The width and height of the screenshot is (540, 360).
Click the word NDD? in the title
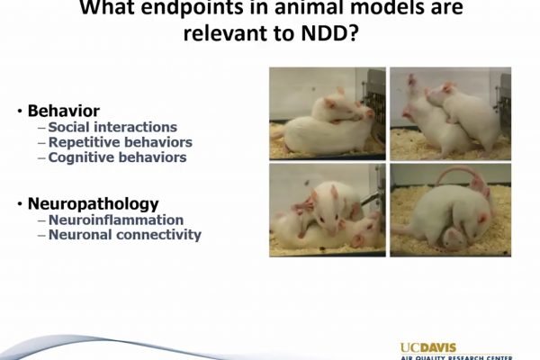(x=330, y=33)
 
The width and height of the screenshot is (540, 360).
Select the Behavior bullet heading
(x=64, y=111)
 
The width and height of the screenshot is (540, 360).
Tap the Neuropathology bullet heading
(x=93, y=204)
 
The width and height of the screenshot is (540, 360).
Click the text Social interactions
(x=112, y=127)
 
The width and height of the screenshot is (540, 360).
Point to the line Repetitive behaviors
(x=121, y=142)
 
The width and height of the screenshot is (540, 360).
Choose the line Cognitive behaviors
(x=117, y=157)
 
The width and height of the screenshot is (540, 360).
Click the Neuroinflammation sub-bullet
(x=116, y=220)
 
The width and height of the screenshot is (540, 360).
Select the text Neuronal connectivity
(x=125, y=235)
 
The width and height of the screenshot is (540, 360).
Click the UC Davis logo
(x=456, y=351)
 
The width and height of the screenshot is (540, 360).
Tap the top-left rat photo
(x=328, y=113)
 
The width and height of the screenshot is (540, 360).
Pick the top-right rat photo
(x=451, y=113)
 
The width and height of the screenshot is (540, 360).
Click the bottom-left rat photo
(x=328, y=210)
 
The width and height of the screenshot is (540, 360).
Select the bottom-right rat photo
(x=451, y=210)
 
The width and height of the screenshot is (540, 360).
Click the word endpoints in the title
(x=192, y=7)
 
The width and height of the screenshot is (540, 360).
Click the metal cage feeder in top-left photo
(x=374, y=100)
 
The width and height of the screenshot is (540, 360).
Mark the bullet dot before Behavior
(x=20, y=112)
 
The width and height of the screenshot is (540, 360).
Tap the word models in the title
(x=383, y=7)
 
